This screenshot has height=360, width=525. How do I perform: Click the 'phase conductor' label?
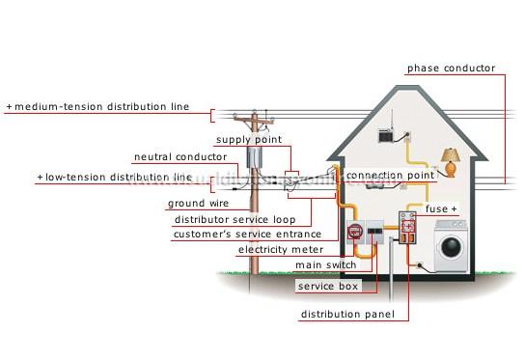click(451, 69)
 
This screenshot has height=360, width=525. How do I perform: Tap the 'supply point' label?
click(249, 140)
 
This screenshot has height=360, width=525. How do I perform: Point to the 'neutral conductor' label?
click(180, 156)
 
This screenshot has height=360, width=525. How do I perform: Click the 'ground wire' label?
click(198, 204)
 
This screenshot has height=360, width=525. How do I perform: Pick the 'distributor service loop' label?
click(235, 220)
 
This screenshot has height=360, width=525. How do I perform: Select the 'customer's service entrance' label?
click(247, 235)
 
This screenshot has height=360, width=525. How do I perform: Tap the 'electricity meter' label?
click(281, 249)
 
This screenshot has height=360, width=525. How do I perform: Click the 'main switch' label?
click(325, 264)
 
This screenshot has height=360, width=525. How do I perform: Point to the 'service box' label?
click(328, 286)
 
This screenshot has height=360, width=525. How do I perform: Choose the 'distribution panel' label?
click(347, 314)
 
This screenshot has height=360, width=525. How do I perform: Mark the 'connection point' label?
click(390, 175)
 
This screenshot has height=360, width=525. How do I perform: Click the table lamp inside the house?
click(451, 162)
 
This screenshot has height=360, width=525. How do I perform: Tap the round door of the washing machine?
click(451, 247)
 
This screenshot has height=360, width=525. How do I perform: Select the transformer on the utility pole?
click(255, 157)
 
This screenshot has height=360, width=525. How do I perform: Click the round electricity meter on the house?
click(355, 231)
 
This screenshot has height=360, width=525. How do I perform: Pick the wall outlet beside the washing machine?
click(418, 265)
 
